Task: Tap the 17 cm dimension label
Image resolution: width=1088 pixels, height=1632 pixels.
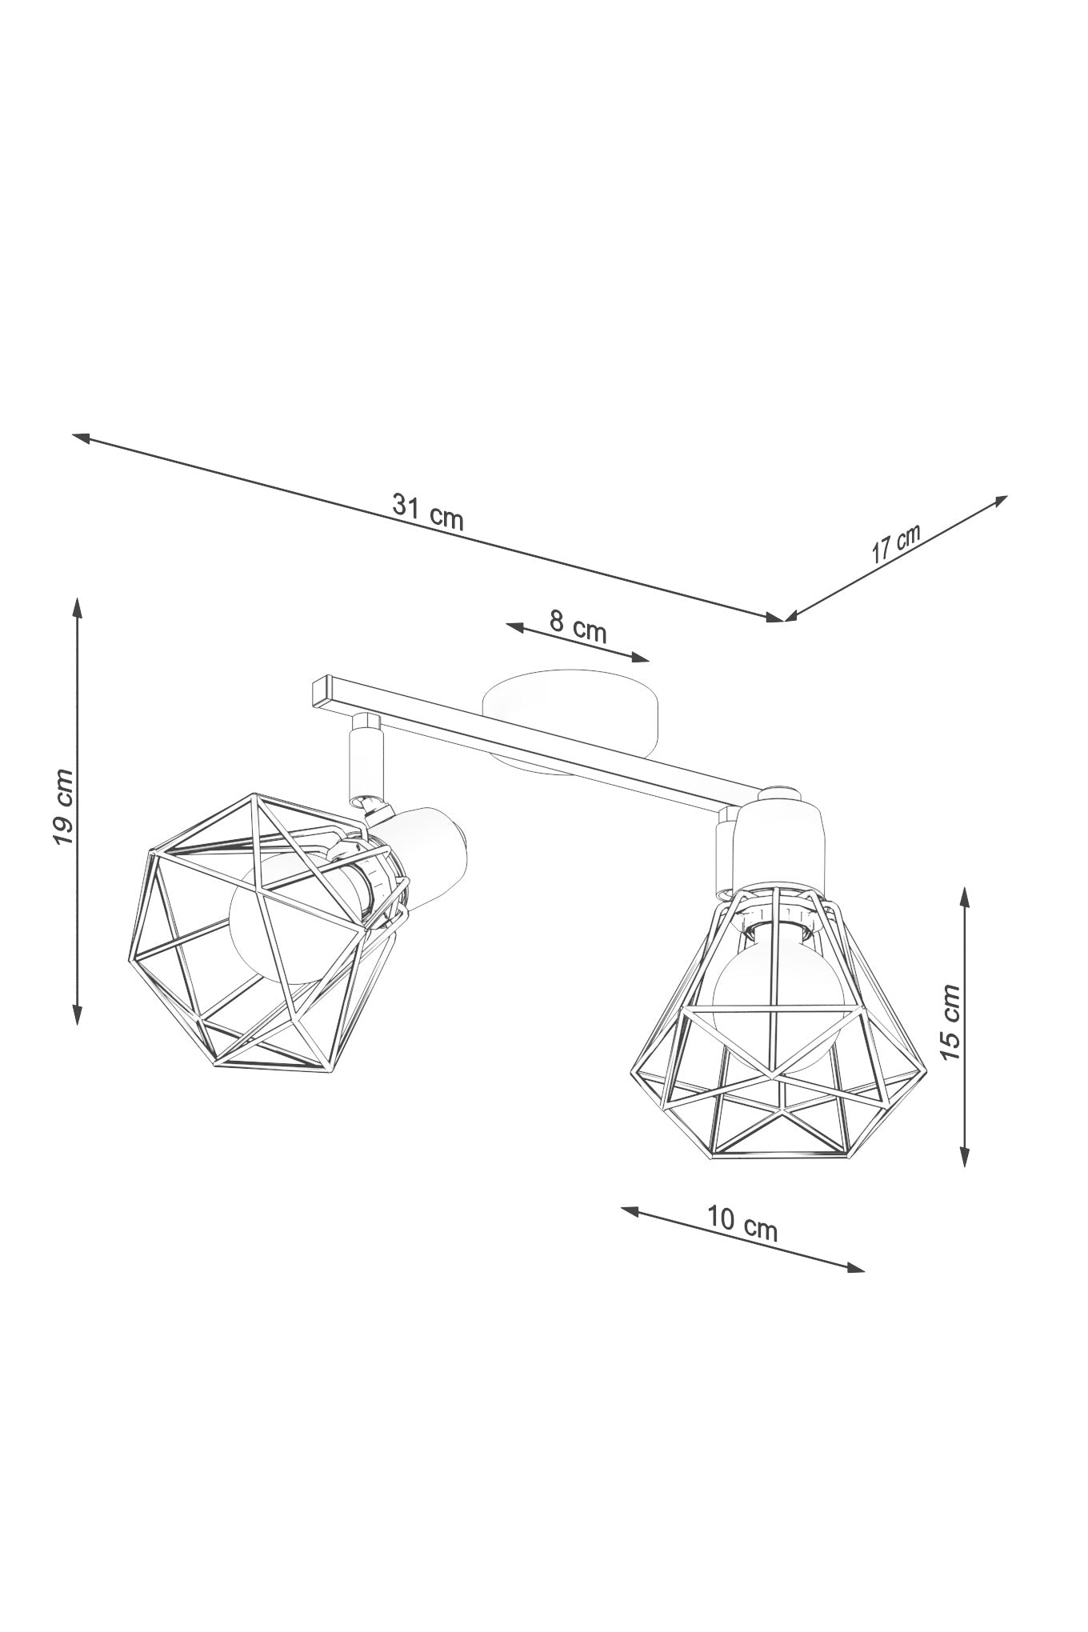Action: point(896,543)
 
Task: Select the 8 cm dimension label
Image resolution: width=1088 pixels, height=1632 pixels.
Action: point(578,626)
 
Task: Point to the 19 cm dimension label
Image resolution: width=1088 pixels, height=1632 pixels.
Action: point(62,807)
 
